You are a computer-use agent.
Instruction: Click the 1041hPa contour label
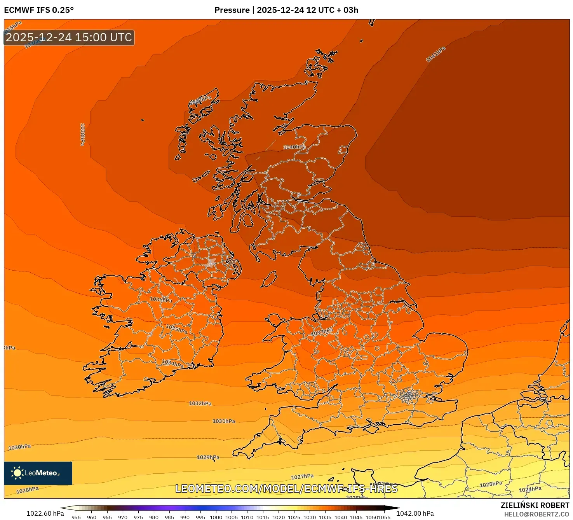tap(435, 54)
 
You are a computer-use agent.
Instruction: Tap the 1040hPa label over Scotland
tap(294, 147)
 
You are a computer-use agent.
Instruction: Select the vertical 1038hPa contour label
tap(82, 134)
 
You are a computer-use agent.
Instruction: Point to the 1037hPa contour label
tap(322, 332)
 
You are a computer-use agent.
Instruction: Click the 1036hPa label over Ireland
tap(161, 299)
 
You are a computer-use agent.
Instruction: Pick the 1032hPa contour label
tap(200, 403)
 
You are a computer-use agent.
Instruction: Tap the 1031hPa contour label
tap(223, 421)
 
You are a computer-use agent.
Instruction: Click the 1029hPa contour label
tap(208, 457)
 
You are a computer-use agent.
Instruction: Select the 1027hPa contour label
tap(302, 476)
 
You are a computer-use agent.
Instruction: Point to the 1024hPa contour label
tap(530, 489)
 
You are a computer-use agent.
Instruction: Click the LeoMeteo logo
tap(38, 473)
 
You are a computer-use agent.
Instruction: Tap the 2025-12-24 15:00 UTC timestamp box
tap(69, 37)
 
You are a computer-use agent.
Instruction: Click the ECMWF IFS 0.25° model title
tap(39, 10)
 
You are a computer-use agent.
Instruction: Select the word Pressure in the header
tap(232, 10)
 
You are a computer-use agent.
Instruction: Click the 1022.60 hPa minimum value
tap(45, 513)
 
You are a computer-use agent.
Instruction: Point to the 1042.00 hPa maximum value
tap(415, 513)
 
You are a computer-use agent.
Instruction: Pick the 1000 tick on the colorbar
tap(216, 517)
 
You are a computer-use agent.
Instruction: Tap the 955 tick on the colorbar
tap(76, 517)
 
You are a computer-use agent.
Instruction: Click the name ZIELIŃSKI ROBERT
tap(535, 505)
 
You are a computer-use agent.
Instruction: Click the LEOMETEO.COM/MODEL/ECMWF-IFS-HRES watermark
tap(286, 488)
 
